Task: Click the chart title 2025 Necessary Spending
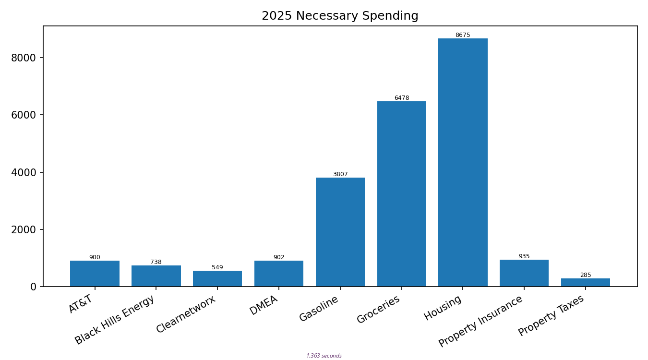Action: click(x=340, y=16)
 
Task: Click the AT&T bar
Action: click(x=95, y=274)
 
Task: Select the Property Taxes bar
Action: click(x=585, y=282)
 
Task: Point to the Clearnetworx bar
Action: click(x=217, y=278)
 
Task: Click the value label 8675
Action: click(x=463, y=35)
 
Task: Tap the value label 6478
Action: click(x=401, y=98)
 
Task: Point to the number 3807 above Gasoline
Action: click(x=340, y=174)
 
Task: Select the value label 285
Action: click(x=585, y=275)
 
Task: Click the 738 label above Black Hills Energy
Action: click(x=156, y=262)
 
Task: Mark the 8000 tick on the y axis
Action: click(x=24, y=58)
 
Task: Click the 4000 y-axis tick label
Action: click(x=24, y=172)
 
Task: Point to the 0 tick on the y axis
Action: click(x=33, y=287)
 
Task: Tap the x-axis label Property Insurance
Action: click(x=481, y=321)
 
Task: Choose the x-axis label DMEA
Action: click(x=264, y=305)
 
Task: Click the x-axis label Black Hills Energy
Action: click(x=115, y=320)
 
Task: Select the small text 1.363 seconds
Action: click(x=324, y=356)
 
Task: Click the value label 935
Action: click(x=524, y=256)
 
